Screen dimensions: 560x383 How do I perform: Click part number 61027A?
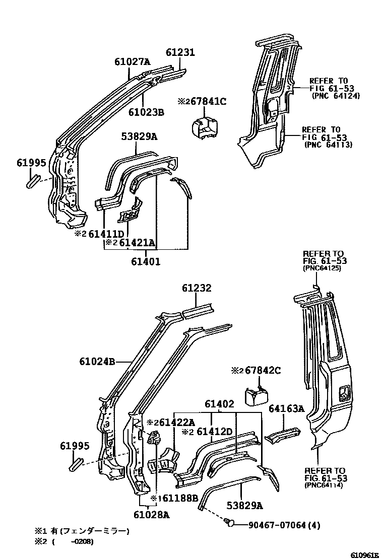point(132,62)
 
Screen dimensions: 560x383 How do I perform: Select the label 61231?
point(180,52)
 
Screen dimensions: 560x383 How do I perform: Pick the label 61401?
point(146,261)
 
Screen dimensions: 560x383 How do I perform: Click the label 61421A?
point(136,243)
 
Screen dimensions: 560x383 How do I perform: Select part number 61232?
point(197,289)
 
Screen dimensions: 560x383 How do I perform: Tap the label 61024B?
point(97,361)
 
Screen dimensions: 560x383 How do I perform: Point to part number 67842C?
point(262,371)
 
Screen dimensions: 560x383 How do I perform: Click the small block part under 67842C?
point(256,396)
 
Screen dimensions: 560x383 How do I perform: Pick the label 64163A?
point(286,409)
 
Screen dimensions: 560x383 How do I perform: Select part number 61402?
point(219,404)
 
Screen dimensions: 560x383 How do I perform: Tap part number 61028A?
point(152,514)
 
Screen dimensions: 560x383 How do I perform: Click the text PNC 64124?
point(335,95)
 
